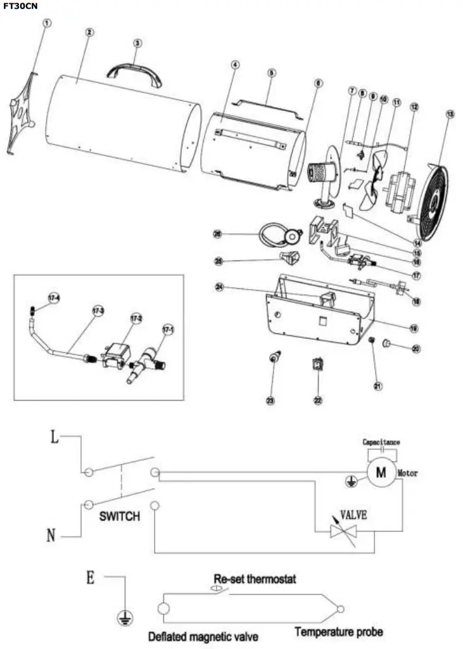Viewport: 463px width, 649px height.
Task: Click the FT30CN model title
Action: coord(20,5)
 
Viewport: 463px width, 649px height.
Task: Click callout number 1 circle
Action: coord(47,23)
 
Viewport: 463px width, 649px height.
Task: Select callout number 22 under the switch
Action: coord(318,401)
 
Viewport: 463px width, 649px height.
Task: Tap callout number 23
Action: coord(271,401)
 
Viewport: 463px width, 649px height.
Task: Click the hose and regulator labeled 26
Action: coord(279,233)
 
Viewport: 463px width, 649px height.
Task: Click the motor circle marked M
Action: coord(381,472)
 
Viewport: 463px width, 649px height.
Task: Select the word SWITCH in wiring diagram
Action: coord(119,516)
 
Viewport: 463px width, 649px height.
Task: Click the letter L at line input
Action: coord(55,439)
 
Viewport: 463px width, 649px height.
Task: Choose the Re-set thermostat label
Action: coord(255,579)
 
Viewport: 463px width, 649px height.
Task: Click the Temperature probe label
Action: coord(339,632)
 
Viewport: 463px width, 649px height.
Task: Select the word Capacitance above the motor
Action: coord(381,442)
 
